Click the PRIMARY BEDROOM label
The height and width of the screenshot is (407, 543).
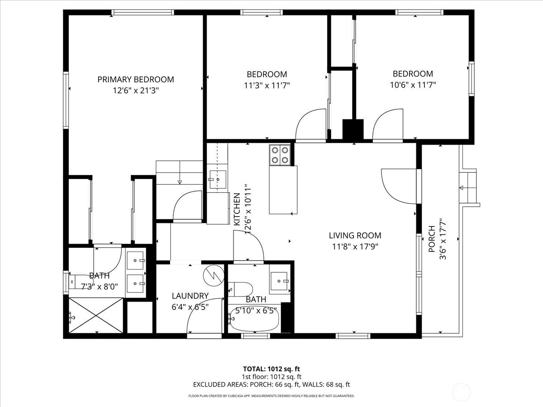pos(135,80)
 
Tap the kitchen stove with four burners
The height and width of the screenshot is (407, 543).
pos(280,155)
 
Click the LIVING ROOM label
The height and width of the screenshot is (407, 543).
pos(355,236)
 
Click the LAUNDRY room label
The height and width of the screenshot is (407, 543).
pos(190,296)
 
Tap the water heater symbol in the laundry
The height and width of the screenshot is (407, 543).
pos(213,275)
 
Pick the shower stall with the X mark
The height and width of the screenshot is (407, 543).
pos(95,316)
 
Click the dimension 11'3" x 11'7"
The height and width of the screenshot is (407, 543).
pos(267,85)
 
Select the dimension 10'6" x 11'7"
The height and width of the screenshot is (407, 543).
pos(412,85)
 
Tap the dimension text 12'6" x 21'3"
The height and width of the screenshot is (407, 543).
pos(135,90)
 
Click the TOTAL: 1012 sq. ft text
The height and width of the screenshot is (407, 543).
pos(271,369)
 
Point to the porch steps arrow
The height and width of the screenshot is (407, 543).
pos(462,188)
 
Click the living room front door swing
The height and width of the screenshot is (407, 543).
pos(398,185)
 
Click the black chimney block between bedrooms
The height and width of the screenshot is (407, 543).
pos(353,129)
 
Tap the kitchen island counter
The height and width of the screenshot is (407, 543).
pos(283,189)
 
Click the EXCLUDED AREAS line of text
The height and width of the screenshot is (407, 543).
pos(271,385)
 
